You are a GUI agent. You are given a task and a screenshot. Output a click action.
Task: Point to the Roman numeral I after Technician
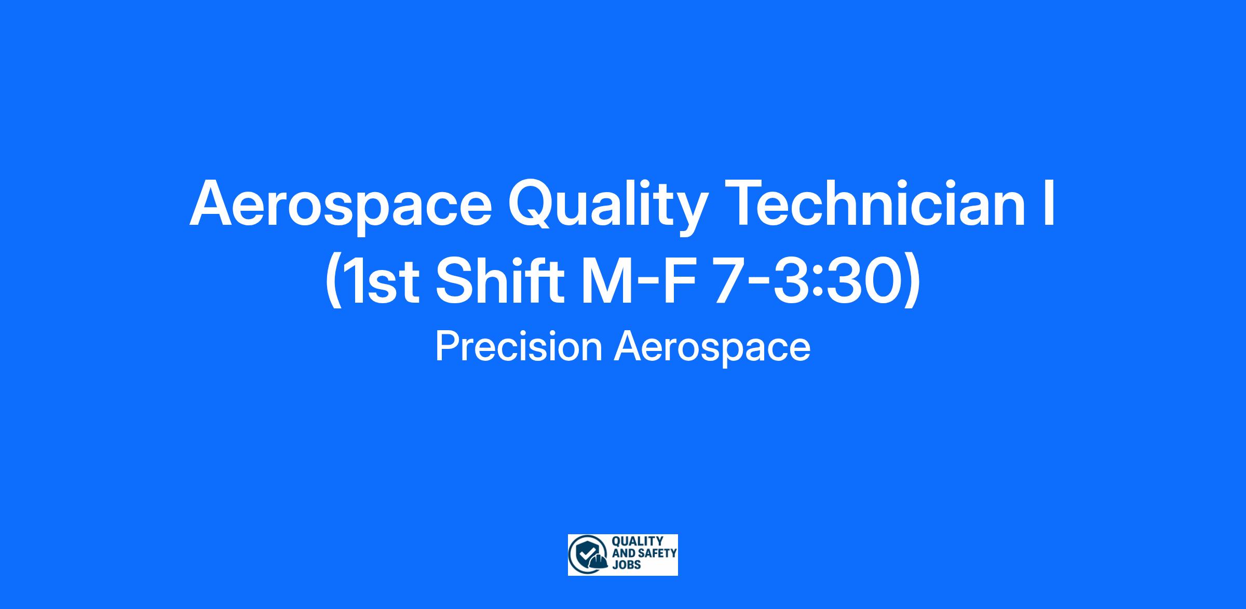pyautogui.click(x=1049, y=203)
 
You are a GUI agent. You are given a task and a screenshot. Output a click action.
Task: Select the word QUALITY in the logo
pyautogui.click(x=638, y=542)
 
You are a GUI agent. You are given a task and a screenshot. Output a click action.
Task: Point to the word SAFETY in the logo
pyautogui.click(x=657, y=553)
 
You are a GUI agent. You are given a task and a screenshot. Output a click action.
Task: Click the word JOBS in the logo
pyautogui.click(x=627, y=564)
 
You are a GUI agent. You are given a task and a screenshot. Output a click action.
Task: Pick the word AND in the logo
pyautogui.click(x=624, y=553)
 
